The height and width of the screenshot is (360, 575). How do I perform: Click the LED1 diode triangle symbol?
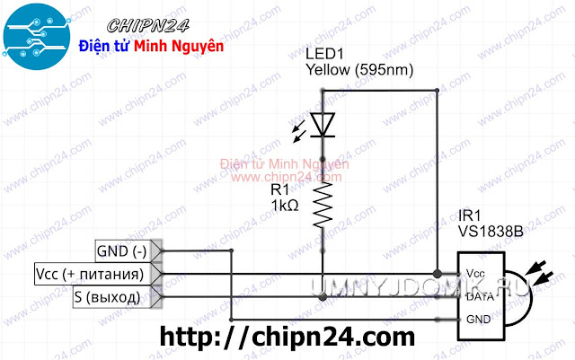[323, 125]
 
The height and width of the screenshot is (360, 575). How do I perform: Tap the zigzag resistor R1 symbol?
[323, 203]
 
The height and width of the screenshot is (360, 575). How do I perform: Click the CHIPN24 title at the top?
[156, 22]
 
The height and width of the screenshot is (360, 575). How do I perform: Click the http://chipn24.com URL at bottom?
[287, 338]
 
